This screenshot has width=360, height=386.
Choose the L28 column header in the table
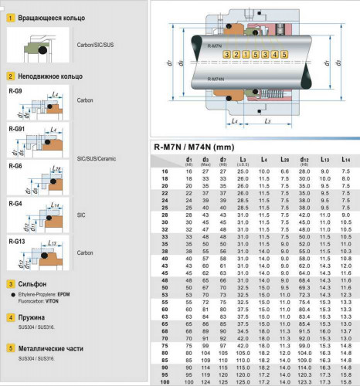coord(283,159)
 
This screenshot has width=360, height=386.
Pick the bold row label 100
coord(165,381)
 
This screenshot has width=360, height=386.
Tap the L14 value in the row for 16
coord(345,171)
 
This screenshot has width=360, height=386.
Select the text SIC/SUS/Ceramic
coord(97,158)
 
